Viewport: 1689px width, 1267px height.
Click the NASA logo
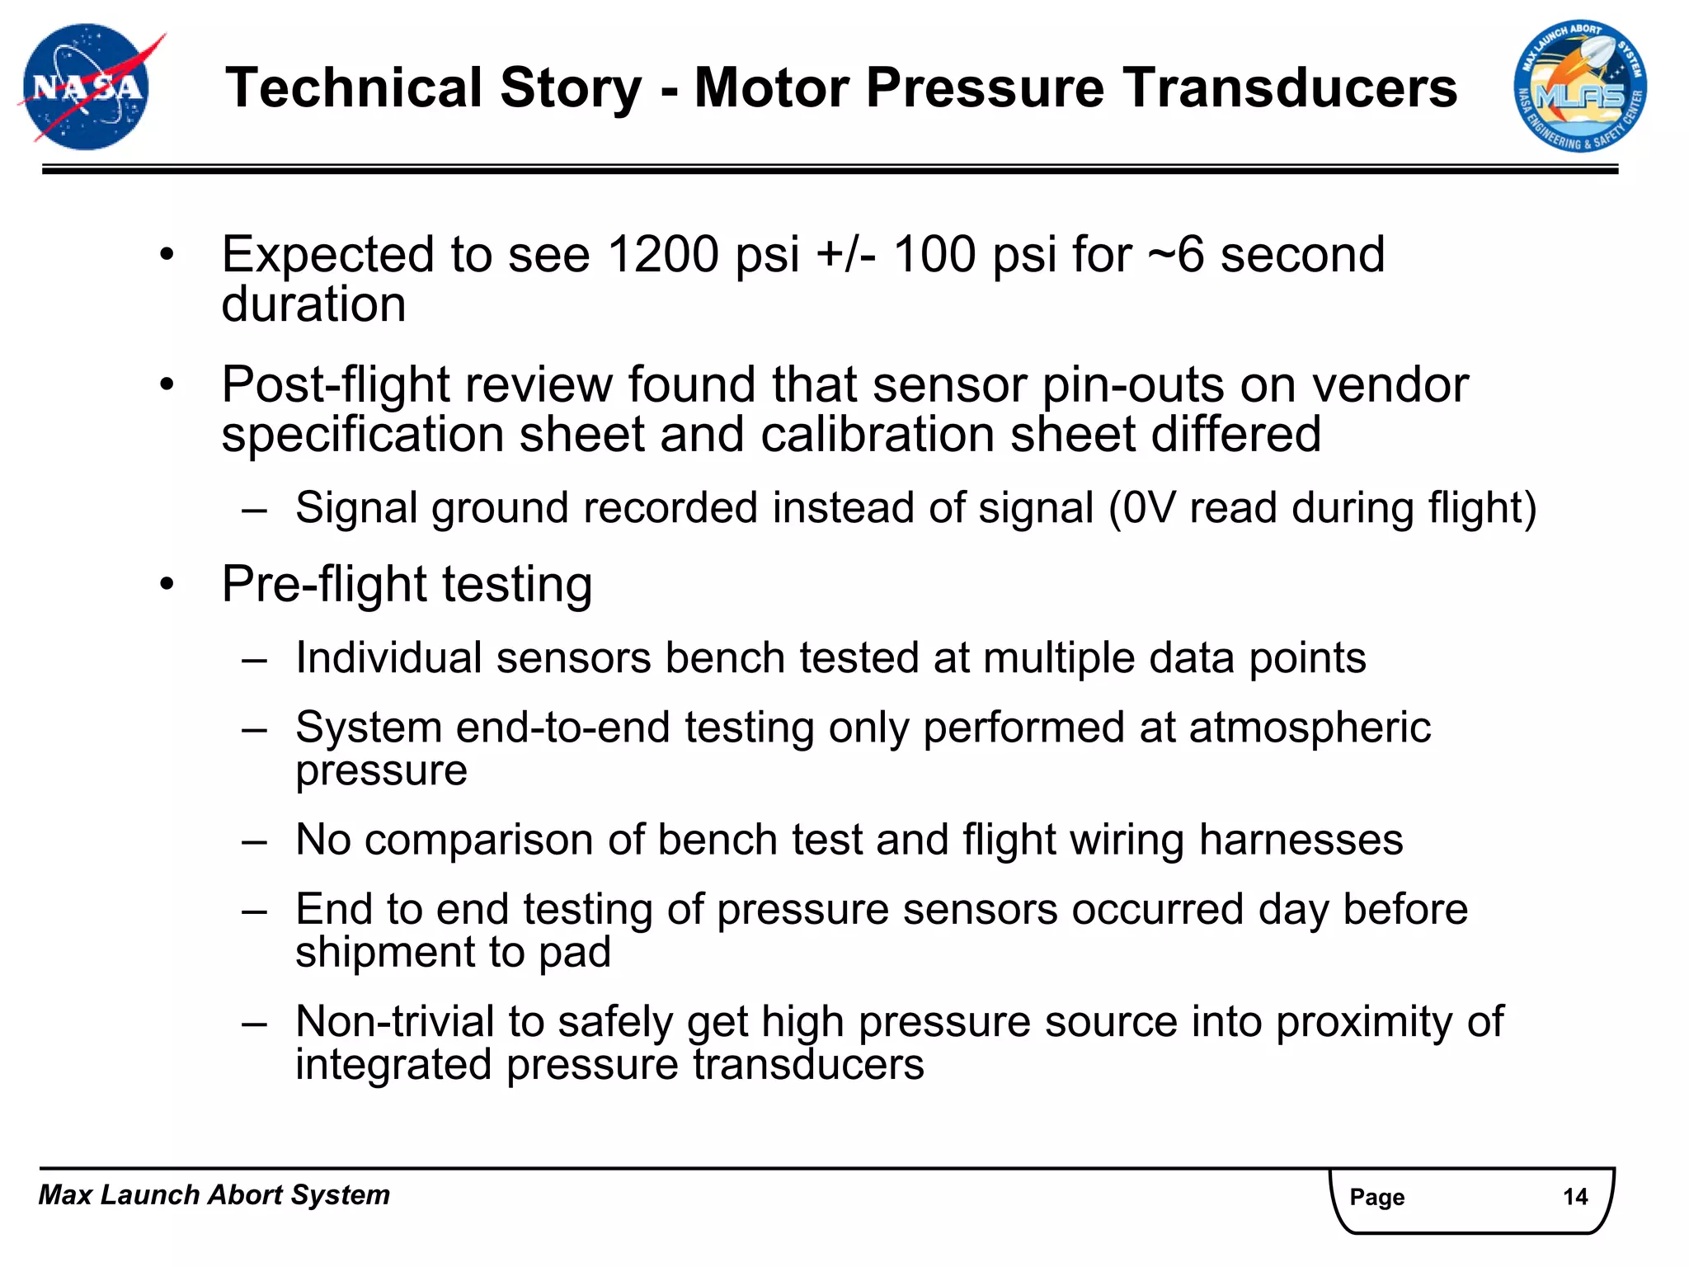(87, 87)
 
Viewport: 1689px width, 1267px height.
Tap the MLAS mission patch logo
(1579, 87)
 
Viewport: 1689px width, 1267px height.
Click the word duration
(313, 304)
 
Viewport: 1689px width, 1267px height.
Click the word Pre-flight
(324, 585)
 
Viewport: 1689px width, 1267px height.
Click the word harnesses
(1301, 840)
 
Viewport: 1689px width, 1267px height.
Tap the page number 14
(1575, 1197)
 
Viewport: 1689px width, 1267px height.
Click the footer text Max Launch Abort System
(214, 1194)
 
